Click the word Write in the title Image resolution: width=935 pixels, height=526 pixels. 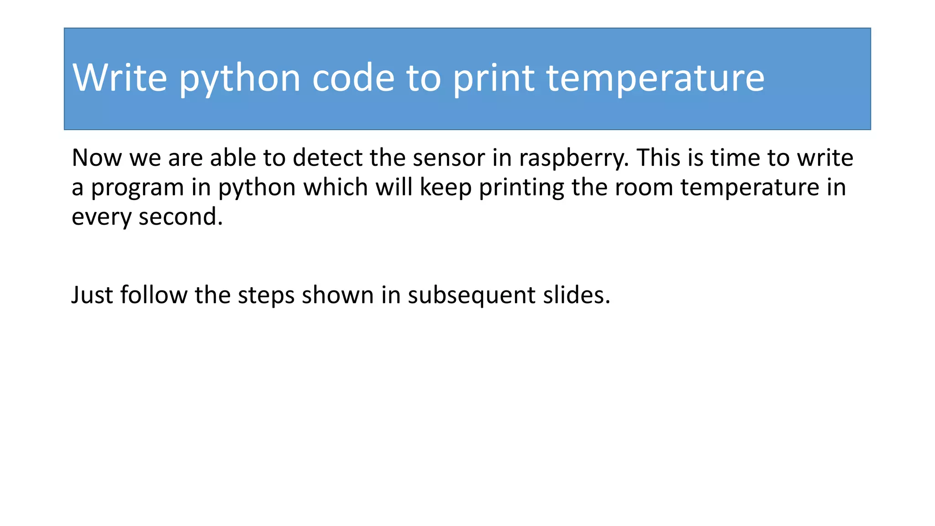click(120, 78)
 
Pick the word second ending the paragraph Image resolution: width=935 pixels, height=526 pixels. click(180, 216)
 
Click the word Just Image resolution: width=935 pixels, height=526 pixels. click(92, 295)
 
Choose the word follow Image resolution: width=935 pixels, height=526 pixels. click(154, 295)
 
